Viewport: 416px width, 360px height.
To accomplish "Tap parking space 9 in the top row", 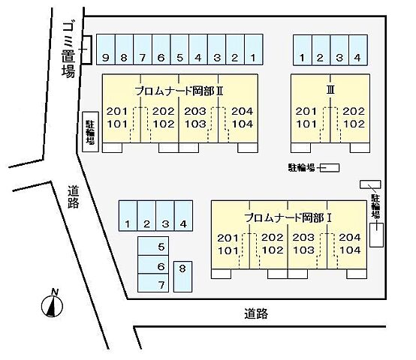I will pos(107,51).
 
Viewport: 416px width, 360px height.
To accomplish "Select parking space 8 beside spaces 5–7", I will pos(182,275).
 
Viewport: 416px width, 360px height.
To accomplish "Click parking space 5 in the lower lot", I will pos(153,247).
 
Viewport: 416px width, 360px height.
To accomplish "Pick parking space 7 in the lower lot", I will pos(153,284).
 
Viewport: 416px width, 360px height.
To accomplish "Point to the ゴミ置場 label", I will pos(68,52).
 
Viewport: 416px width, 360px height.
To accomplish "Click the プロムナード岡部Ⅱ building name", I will pos(179,90).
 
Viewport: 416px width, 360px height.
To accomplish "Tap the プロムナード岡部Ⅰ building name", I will pos(288,217).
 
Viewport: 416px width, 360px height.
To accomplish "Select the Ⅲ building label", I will pos(330,89).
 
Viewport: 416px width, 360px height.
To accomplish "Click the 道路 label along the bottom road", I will pos(255,313).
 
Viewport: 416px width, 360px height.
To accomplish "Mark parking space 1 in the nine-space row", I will pos(254,51).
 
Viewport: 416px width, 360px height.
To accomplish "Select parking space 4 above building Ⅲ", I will pos(357,51).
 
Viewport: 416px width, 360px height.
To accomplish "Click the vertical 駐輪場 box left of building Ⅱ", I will pos(89,131).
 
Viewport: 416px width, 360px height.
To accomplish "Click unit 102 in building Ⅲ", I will pos(354,124).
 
